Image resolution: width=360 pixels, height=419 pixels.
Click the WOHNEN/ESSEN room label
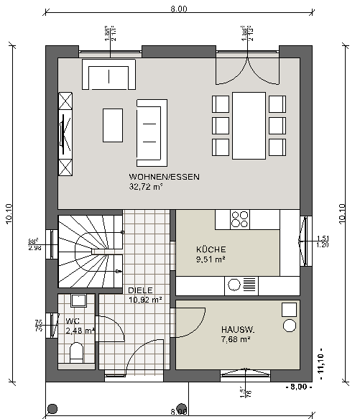164,176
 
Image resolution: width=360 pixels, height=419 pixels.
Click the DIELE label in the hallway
141,290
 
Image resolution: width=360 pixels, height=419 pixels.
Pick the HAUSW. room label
239,330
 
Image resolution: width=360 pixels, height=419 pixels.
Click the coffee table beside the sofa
113,124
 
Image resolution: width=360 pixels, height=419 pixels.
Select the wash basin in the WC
78,300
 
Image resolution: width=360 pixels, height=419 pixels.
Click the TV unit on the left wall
66,133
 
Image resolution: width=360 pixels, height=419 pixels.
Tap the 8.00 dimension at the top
179,9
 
